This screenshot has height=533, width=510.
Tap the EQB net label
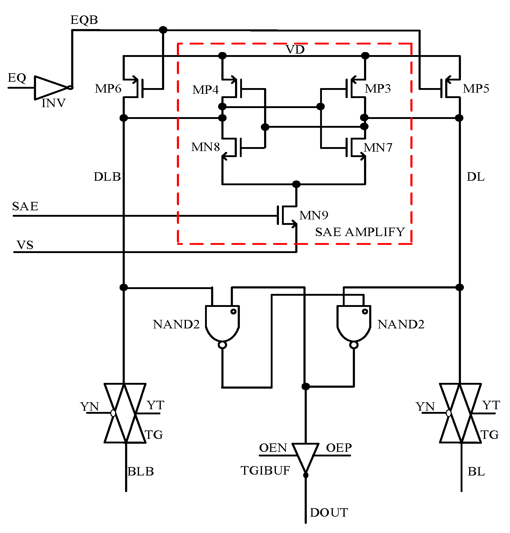point(84,20)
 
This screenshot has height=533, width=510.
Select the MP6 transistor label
point(108,89)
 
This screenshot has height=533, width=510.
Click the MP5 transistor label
point(476,89)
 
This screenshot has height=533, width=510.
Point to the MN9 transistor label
point(313,215)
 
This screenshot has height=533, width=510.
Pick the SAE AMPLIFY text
point(360,232)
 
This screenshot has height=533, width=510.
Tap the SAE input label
point(25,206)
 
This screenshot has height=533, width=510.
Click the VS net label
point(25,245)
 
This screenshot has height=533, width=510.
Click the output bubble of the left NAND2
point(222,345)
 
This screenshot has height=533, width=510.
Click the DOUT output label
point(329,513)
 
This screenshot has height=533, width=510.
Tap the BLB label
point(141,472)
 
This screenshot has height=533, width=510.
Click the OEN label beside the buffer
point(273,448)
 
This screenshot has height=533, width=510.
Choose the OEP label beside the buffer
point(339,448)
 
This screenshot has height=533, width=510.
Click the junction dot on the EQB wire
point(163,30)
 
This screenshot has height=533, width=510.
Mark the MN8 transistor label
point(205,147)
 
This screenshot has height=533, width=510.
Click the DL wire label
point(475,177)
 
